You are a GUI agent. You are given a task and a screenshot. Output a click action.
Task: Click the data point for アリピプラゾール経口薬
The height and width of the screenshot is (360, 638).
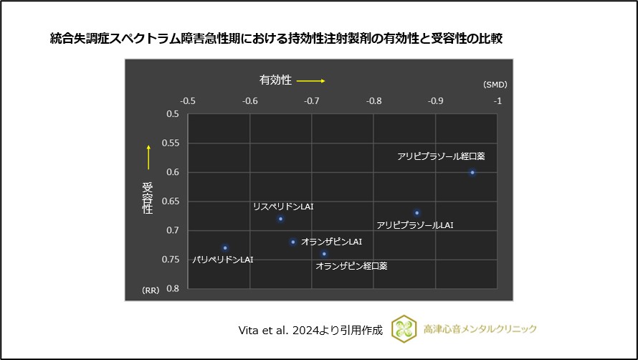[472, 172]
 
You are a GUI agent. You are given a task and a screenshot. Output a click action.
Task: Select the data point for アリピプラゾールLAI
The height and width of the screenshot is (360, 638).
[416, 212]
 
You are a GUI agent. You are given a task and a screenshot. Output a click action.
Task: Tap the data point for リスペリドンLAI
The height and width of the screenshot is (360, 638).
[281, 219]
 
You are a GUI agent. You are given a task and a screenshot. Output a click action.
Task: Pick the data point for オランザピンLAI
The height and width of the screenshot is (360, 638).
[293, 242]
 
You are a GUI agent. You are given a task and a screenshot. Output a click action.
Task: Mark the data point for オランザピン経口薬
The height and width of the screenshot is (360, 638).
[324, 253]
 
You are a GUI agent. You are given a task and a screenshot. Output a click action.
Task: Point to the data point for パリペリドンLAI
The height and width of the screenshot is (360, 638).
[225, 247]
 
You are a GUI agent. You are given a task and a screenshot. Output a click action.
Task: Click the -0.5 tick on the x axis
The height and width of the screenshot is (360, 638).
[188, 101]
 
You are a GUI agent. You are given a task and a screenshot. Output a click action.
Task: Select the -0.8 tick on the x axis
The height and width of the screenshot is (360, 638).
[374, 101]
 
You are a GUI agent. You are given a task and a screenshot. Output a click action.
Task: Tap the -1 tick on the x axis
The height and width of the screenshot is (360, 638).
[497, 101]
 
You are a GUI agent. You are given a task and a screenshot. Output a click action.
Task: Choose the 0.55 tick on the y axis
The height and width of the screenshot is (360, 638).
[172, 143]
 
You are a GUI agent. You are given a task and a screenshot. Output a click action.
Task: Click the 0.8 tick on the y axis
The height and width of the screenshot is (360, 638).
[173, 288]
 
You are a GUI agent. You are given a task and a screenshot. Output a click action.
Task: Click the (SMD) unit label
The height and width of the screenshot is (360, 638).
[495, 85]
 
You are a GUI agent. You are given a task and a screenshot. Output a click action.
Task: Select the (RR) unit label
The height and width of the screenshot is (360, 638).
[150, 290]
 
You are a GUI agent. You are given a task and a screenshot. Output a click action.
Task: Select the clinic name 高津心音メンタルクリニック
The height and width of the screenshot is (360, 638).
[480, 329]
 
